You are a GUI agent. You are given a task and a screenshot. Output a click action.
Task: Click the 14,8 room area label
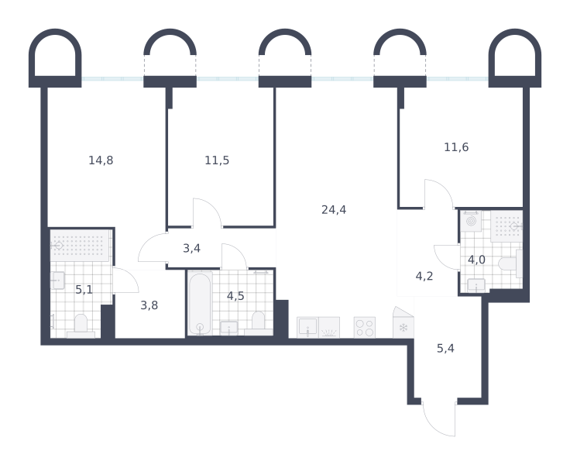pyautogui.click(x=101, y=160)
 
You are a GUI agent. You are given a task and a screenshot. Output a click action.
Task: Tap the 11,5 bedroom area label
pyautogui.click(x=217, y=160)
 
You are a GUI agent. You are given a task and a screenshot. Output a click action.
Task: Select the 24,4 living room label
pyautogui.click(x=334, y=209)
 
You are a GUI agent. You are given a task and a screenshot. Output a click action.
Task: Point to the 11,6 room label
pyautogui.click(x=456, y=147)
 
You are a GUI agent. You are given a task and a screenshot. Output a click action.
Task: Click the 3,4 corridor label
pyautogui.click(x=191, y=248)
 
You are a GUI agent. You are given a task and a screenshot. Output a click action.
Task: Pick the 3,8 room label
pyautogui.click(x=149, y=305)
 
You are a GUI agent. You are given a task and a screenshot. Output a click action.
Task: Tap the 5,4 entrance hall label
pyautogui.click(x=445, y=348)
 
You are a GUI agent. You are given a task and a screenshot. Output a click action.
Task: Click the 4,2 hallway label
pyautogui.click(x=424, y=276)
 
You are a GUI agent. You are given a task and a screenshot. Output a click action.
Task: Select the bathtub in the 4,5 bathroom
pyautogui.click(x=200, y=304)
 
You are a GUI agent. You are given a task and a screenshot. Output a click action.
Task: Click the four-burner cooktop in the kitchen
pyautogui.click(x=365, y=328)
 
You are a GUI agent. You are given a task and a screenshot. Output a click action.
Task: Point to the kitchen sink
pyautogui.click(x=307, y=328)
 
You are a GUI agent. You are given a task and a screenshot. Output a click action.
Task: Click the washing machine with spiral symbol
pyautogui.click(x=471, y=221)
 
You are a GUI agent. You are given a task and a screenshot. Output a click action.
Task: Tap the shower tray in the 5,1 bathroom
pyautogui.click(x=81, y=246)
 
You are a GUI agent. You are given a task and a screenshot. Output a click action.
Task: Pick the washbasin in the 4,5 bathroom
pyautogui.click(x=229, y=328)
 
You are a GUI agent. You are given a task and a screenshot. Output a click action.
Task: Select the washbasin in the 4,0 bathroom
pyautogui.click(x=476, y=285)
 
